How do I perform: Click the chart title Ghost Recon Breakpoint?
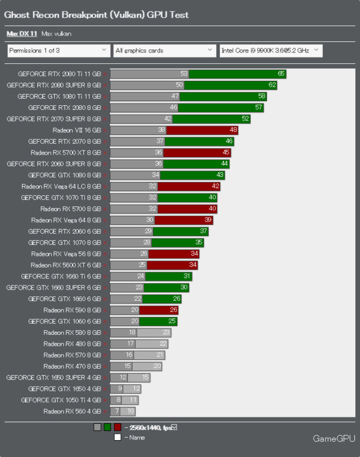coord(96,15)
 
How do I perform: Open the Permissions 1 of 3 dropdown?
coord(59,51)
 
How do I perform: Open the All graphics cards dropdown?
coord(165,51)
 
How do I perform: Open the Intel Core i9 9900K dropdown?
coord(270,51)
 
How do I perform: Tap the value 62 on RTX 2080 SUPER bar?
coord(272,85)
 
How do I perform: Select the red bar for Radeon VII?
coord(202,130)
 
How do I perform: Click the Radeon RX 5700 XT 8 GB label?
coord(66,153)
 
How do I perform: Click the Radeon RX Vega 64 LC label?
coord(61,187)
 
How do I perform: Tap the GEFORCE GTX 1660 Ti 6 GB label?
coord(61,276)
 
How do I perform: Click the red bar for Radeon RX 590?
coord(158,310)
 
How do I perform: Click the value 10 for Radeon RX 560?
coord(131,412)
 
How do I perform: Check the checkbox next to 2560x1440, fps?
coord(174,427)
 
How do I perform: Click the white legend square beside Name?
coord(117,437)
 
